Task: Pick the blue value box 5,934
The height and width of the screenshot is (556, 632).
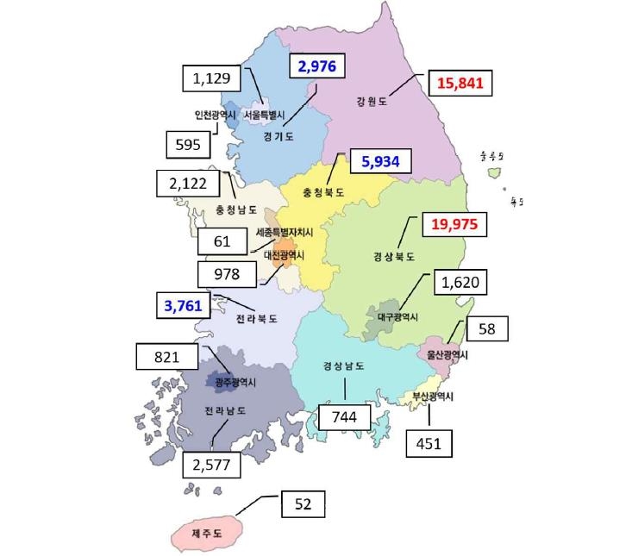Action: coord(380,161)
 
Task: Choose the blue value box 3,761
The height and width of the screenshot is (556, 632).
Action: coord(186,304)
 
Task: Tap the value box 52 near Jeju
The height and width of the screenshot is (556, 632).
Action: coord(303,503)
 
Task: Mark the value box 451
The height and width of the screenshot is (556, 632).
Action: coord(429,443)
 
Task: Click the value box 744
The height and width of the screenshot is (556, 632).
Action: coord(345,417)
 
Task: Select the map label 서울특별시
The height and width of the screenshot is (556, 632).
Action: coord(264,114)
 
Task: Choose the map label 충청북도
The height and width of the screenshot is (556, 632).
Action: coord(323,193)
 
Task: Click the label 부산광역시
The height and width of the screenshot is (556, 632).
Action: coord(432,397)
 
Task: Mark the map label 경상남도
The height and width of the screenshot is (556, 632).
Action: coord(343,365)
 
